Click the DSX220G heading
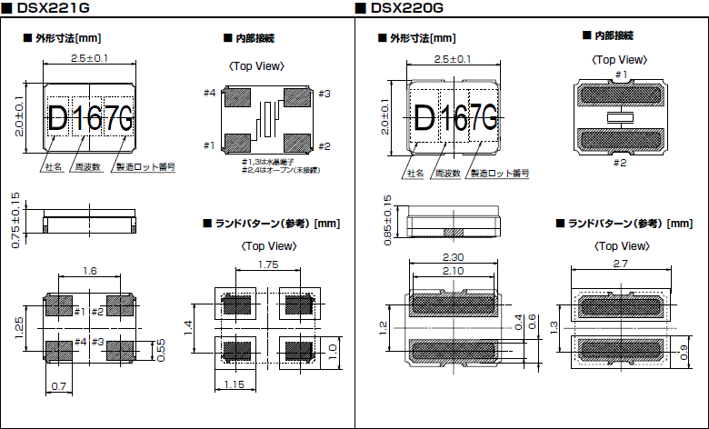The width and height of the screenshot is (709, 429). (x=407, y=8)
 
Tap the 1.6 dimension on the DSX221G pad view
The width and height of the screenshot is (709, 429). (x=89, y=271)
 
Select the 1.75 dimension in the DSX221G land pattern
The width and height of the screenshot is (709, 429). (x=268, y=264)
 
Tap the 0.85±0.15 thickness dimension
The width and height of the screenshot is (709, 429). (x=388, y=221)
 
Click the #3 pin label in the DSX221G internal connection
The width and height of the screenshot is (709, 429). (x=324, y=94)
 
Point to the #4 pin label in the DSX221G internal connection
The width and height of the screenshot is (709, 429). (x=209, y=94)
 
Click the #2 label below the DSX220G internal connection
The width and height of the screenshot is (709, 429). (x=620, y=163)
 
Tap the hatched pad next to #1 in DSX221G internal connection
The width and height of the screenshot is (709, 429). (x=238, y=144)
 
